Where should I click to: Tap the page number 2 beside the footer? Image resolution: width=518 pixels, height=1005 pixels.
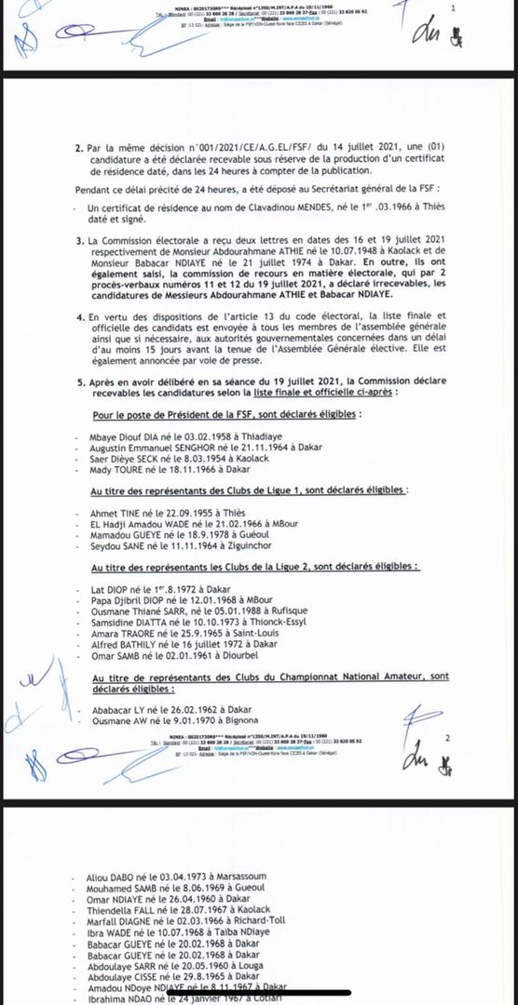[x=448, y=738]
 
